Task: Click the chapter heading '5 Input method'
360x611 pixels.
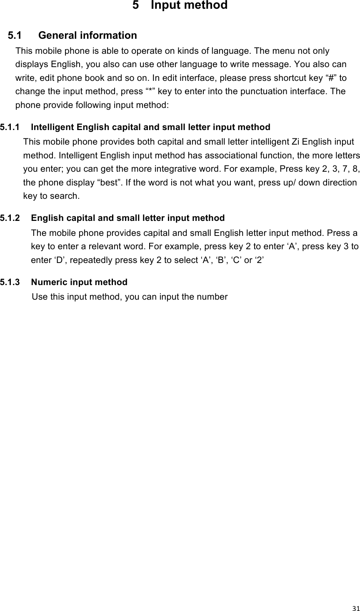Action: click(x=180, y=6)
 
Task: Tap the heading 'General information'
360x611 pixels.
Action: click(x=87, y=35)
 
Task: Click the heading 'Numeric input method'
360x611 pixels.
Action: click(x=79, y=282)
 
